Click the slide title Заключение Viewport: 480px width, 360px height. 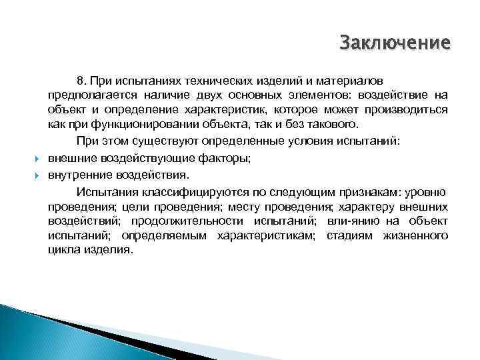[x=395, y=43]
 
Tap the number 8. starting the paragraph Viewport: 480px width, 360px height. [x=102, y=80]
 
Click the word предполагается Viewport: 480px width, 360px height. [x=89, y=95]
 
